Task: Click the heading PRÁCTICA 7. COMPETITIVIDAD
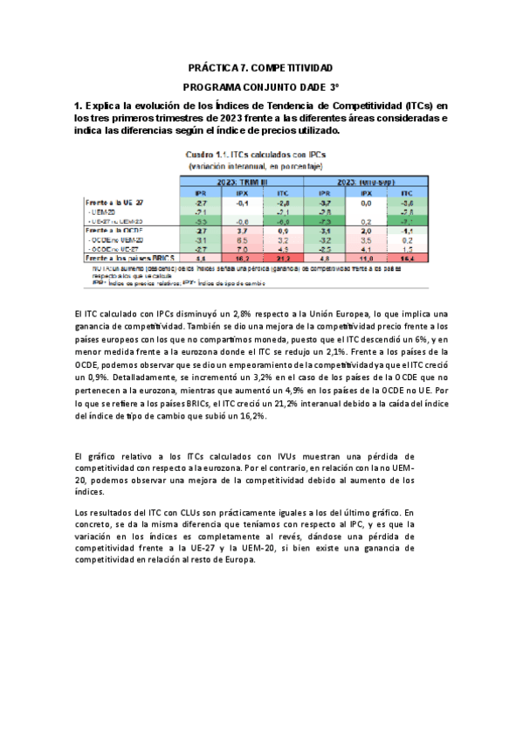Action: pyautogui.click(x=261, y=67)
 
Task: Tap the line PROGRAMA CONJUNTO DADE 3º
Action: pyautogui.click(x=261, y=87)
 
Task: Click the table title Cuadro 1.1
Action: pyautogui.click(x=214, y=154)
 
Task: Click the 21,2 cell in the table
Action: pyautogui.click(x=282, y=259)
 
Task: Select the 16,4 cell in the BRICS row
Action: pyautogui.click(x=407, y=259)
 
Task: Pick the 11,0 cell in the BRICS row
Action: pyautogui.click(x=366, y=259)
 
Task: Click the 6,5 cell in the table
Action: pyautogui.click(x=242, y=239)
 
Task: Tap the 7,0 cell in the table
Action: pyautogui.click(x=242, y=249)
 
